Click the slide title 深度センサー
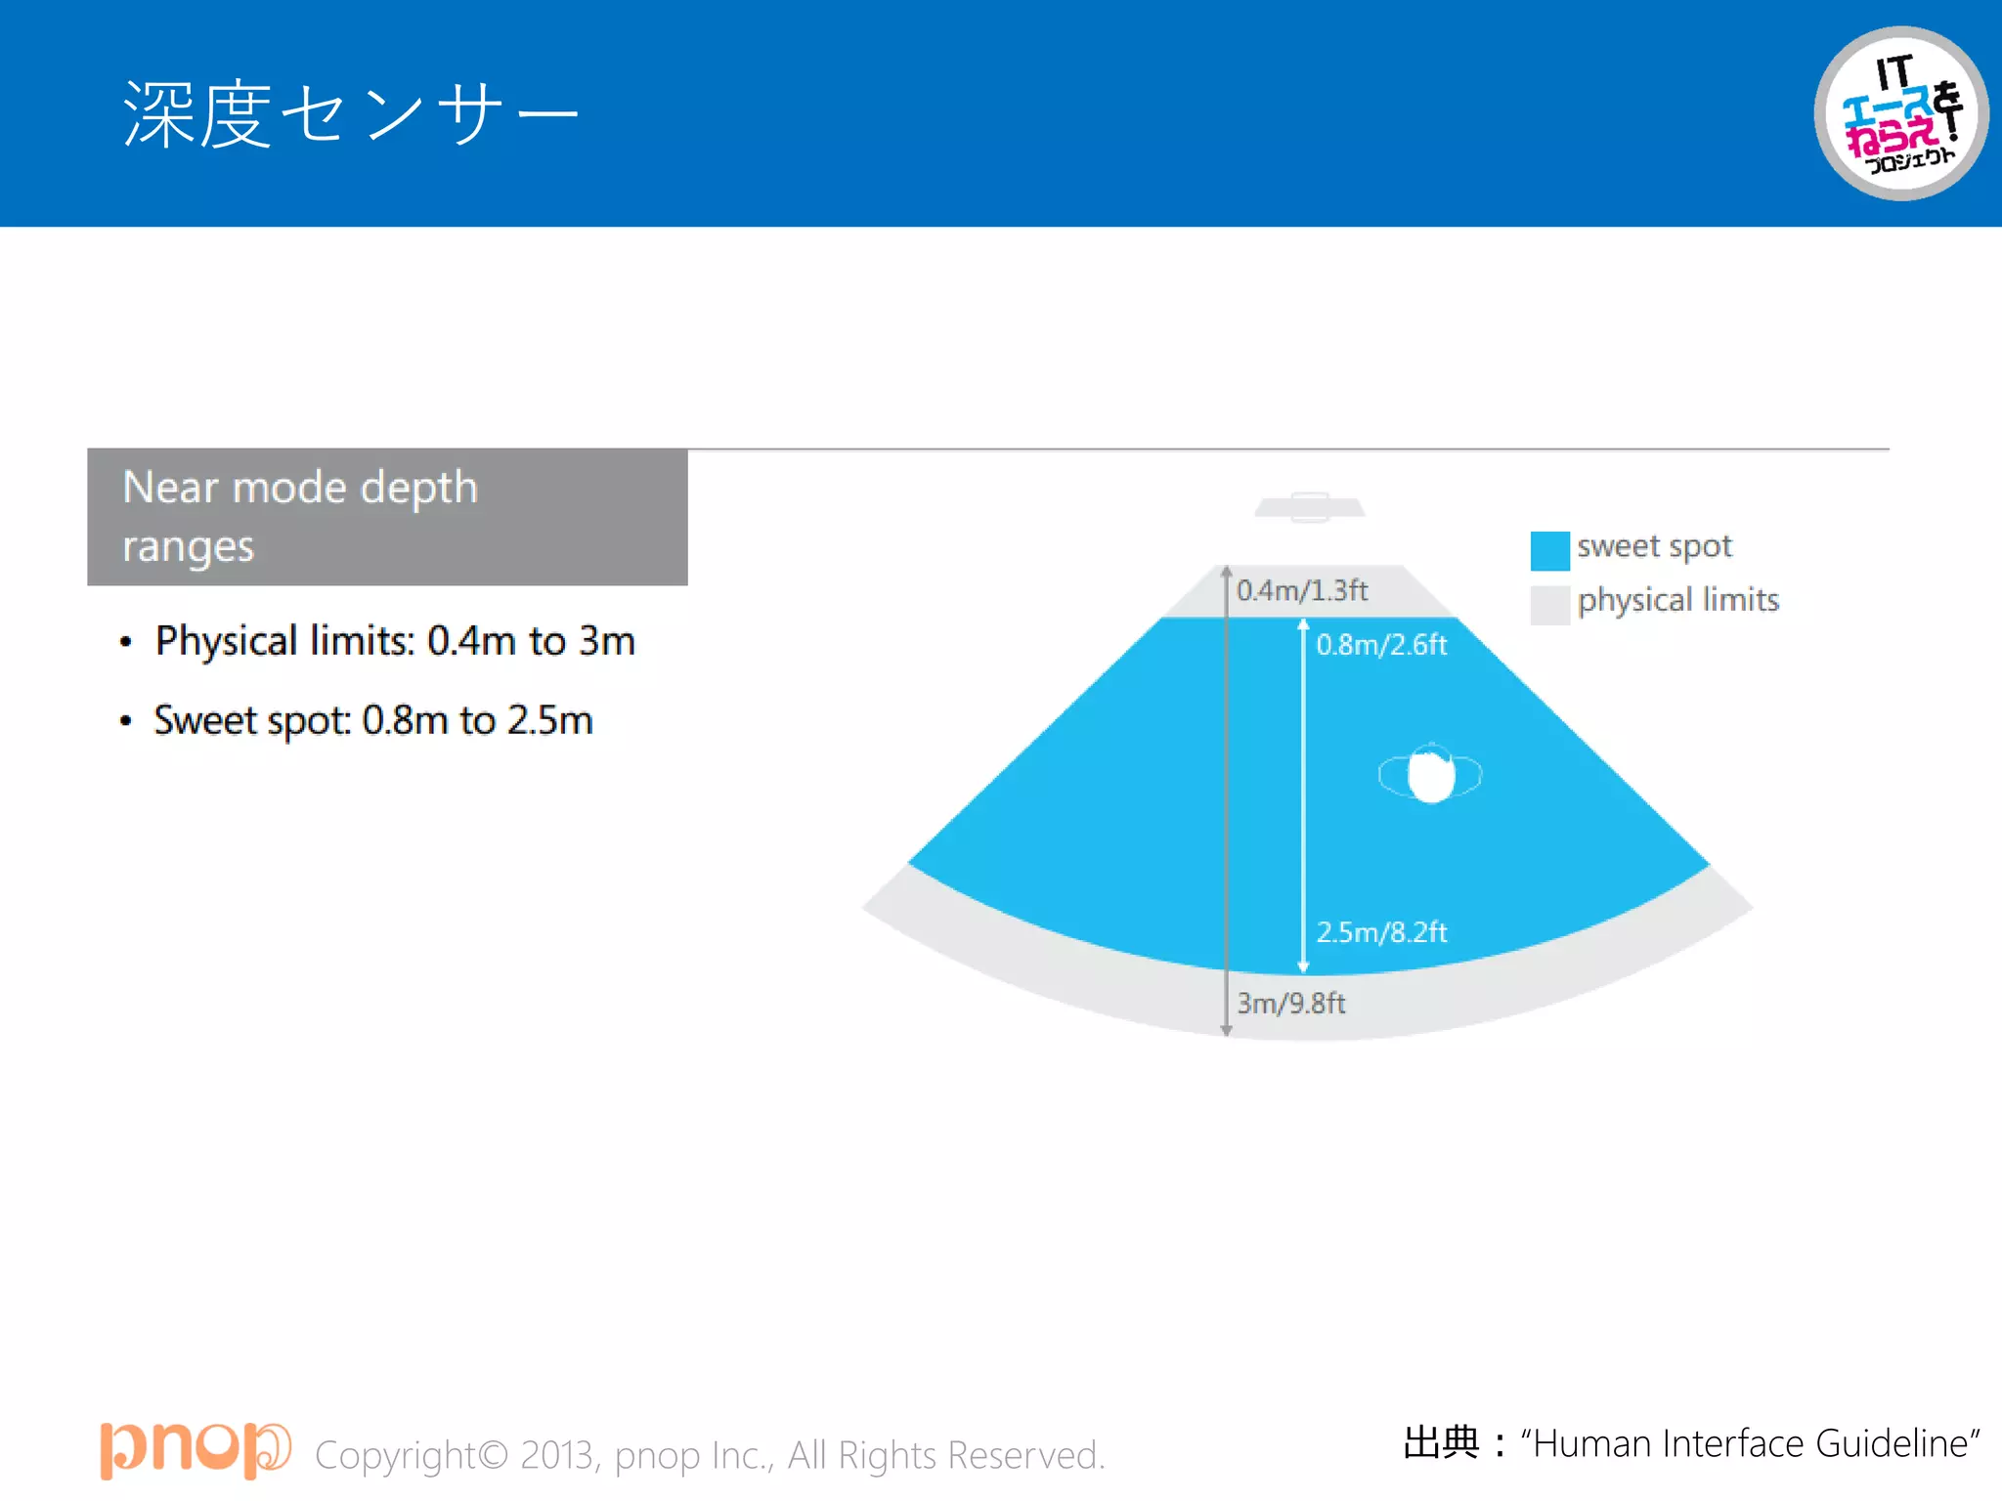(x=350, y=114)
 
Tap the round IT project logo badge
(x=1900, y=113)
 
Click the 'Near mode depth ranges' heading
(x=300, y=516)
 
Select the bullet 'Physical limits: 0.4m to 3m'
(x=395, y=641)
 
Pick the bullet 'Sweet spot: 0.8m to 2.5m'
(x=373, y=720)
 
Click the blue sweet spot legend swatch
(x=1549, y=550)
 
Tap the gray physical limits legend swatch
(x=1549, y=605)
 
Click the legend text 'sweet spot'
(x=1654, y=546)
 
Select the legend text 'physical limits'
(x=1677, y=600)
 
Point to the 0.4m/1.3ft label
(x=1302, y=590)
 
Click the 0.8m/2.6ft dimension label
(x=1381, y=645)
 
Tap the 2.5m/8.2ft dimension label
(x=1381, y=932)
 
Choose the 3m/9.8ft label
(x=1291, y=1004)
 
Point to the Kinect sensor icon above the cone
(x=1310, y=507)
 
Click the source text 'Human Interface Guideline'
(x=1750, y=1443)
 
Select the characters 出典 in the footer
(x=1441, y=1442)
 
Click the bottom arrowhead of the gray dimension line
(x=1226, y=1030)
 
